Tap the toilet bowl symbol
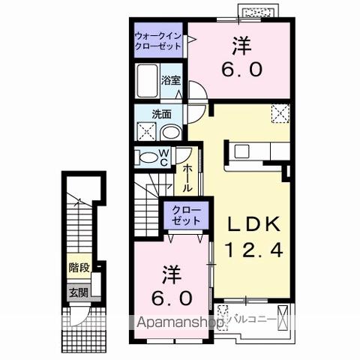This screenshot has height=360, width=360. (146, 157)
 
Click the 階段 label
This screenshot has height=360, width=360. (77, 266)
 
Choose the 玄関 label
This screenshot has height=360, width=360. (77, 292)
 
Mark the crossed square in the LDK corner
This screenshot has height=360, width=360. (280, 114)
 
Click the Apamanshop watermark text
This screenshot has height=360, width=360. (180, 323)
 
